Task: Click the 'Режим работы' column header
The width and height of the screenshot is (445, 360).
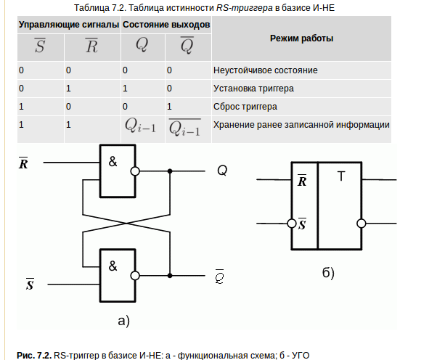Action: tap(301, 38)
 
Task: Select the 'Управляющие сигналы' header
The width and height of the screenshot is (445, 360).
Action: tap(69, 25)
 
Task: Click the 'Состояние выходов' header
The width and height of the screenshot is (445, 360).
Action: tap(166, 25)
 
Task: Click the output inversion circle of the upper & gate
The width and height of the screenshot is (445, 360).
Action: tap(135, 171)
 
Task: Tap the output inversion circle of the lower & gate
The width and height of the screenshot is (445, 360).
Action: tap(135, 276)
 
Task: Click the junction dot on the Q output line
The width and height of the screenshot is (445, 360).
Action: tap(170, 171)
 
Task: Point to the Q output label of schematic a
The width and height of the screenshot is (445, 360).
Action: tap(222, 171)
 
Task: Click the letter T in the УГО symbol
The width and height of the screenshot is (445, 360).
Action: tap(341, 176)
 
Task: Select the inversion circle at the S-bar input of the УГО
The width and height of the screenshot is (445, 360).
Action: tap(292, 224)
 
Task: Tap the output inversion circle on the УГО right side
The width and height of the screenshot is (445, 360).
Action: tap(362, 224)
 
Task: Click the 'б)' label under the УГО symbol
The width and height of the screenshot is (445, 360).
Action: tap(328, 273)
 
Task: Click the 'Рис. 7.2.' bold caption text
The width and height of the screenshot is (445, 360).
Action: tap(34, 355)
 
